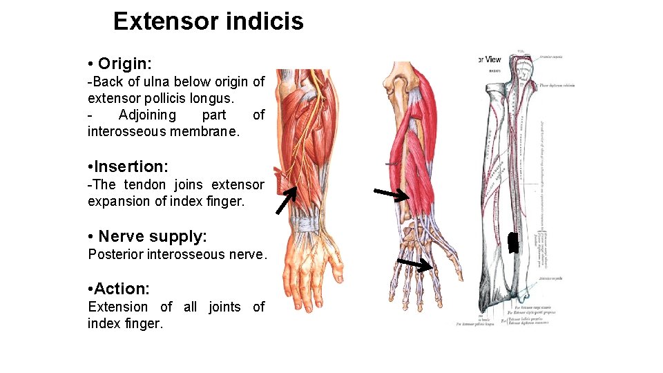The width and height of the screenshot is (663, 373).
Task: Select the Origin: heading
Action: [x=124, y=64]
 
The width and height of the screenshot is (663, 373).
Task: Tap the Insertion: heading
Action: [x=130, y=166]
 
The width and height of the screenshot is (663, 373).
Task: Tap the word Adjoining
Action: [x=147, y=115]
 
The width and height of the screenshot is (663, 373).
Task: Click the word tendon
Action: [x=145, y=184]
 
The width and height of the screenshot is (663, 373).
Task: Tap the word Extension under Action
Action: [x=117, y=307]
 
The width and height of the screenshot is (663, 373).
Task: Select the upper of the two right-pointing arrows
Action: [x=392, y=195]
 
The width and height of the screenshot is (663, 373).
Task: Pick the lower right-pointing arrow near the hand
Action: [x=416, y=265]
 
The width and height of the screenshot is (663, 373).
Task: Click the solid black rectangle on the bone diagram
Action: [x=512, y=242]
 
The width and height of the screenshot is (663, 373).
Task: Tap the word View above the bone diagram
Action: [x=492, y=59]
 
